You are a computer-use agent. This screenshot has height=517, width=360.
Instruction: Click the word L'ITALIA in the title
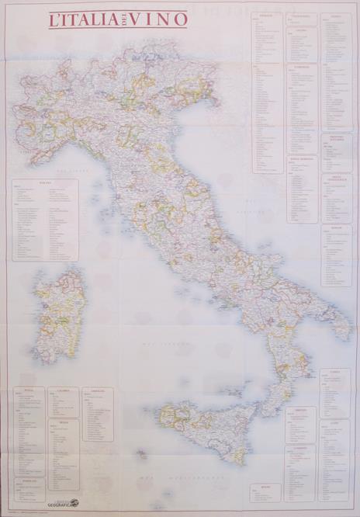[81, 20]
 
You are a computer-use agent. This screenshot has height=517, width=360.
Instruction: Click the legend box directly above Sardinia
[45, 220]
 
